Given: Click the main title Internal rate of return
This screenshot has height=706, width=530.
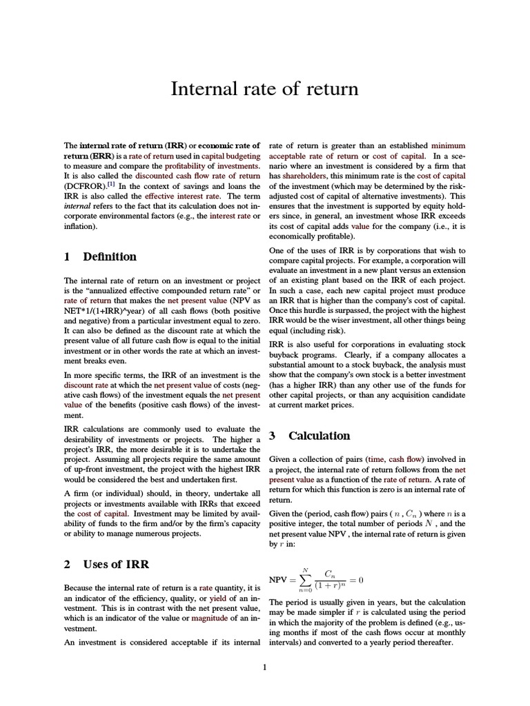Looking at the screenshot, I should [x=264, y=89].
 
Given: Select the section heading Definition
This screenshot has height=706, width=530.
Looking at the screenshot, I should [x=109, y=256].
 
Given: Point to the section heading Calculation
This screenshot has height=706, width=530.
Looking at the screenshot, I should [x=319, y=436].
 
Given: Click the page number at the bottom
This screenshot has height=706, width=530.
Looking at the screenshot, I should [x=264, y=667].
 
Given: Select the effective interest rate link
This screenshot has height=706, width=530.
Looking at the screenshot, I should [x=179, y=196].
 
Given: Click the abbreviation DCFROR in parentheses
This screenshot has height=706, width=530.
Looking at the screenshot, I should [x=81, y=186].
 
